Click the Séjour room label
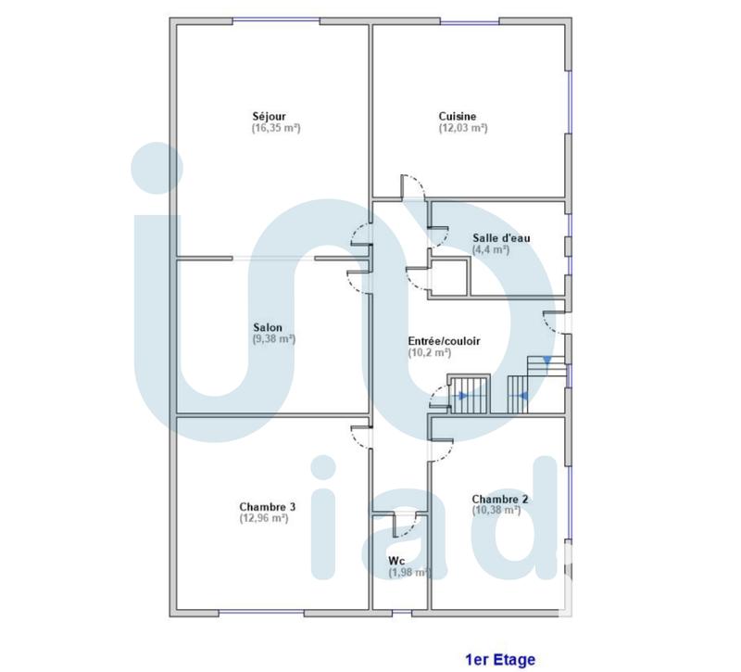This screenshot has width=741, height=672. pos(270,116)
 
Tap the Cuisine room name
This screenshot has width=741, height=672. pos(458,116)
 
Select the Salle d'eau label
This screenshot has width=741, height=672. pos(501,238)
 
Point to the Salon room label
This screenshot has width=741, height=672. pos(268,327)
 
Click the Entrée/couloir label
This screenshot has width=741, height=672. pos(444,341)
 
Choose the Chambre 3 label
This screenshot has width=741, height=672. pos(268,506)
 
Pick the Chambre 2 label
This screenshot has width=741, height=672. pos(500,499)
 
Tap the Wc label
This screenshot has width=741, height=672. pos(396,561)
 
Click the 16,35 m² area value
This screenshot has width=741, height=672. pos(276,128)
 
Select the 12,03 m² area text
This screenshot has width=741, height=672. pos(463,128)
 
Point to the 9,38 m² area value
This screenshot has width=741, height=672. pos(273,339)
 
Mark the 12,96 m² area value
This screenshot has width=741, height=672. pos(263,518)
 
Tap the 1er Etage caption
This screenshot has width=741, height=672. pos(499,660)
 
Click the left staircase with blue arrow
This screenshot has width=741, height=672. pos(469,394)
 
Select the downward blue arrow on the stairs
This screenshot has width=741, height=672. pos(547,360)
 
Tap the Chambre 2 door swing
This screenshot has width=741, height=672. pos(439,449)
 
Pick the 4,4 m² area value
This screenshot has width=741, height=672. pos(491,249)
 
